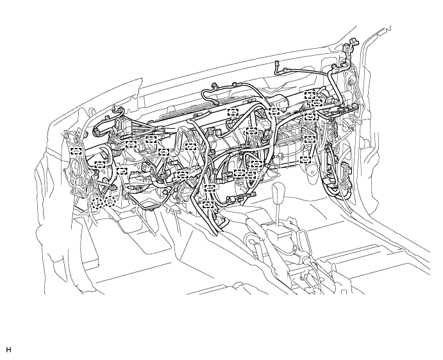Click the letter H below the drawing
click(8, 350)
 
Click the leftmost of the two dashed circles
click(97, 203)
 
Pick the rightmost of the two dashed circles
click(110, 200)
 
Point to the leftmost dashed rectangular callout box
click(76, 151)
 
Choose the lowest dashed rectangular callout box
click(208, 204)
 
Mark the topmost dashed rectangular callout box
click(310, 95)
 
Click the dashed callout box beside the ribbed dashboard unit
click(233, 112)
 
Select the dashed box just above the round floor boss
click(305, 160)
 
